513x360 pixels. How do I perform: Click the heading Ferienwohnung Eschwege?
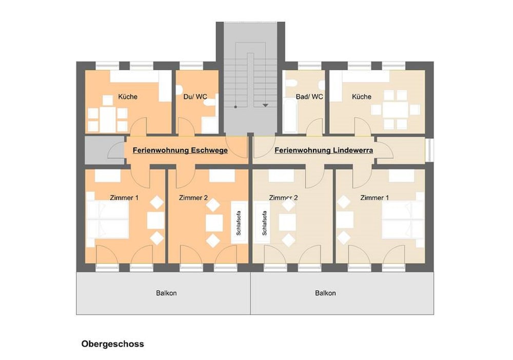pos(180,151)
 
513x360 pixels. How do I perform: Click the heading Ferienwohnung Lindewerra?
pos(324,151)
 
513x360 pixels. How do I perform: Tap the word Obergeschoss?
pos(112,344)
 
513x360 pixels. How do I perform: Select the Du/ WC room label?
pos(195,96)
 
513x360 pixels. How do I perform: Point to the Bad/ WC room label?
pos(309,96)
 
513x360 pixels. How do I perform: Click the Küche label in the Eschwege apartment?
pos(128,96)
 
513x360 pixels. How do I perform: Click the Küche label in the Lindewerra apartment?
pos(361,96)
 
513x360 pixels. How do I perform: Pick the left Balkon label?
pos(167,293)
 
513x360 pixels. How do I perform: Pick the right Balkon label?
pos(325,293)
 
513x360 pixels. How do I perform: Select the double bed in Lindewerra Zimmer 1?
pos(403,220)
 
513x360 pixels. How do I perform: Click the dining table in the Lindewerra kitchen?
pos(396,110)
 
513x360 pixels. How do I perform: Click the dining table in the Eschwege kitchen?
pos(108,119)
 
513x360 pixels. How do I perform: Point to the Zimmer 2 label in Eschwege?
pos(193,197)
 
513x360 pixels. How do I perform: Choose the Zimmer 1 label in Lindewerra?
pos(374,197)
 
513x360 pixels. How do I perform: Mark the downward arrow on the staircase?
pos(265,105)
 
